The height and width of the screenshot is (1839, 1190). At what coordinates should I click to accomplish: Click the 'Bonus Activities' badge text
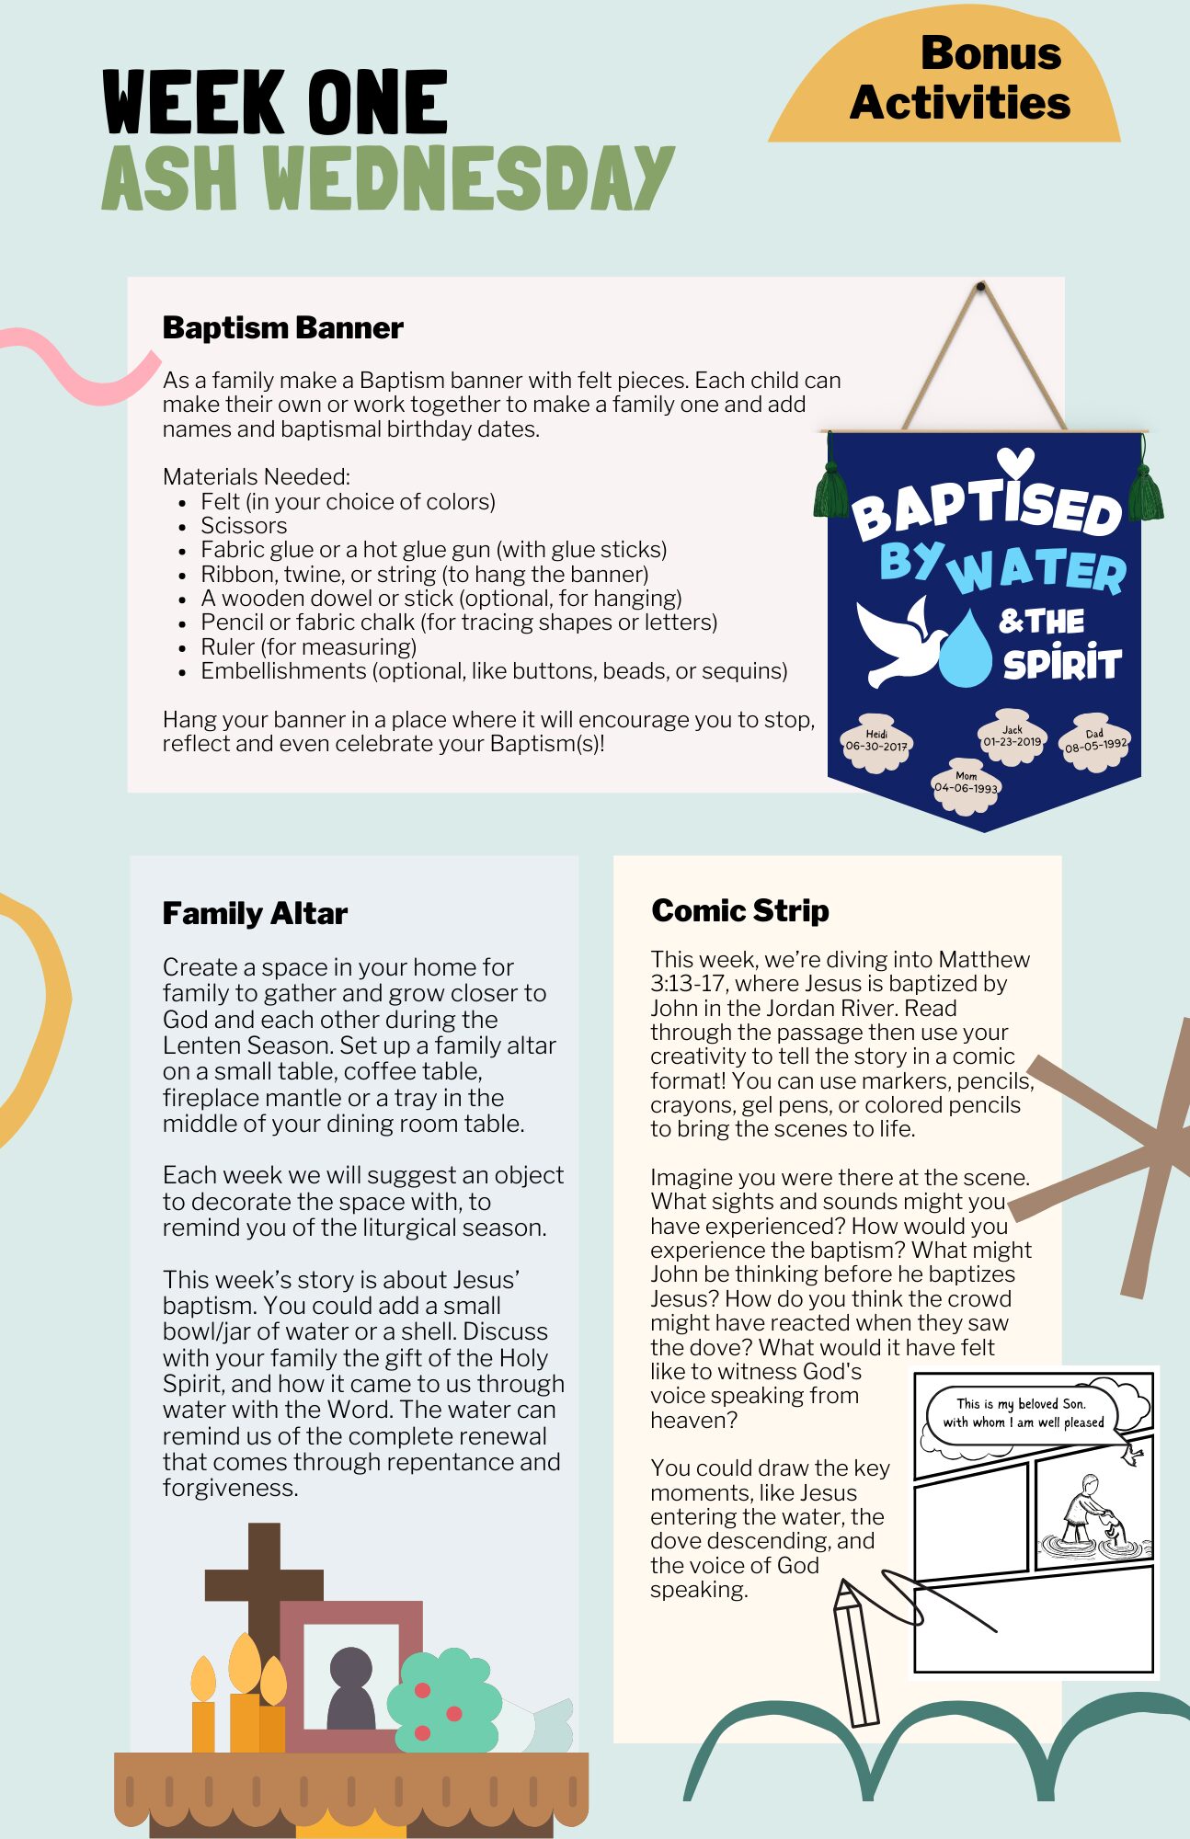961,78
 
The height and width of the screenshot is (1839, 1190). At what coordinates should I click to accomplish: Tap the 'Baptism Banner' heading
282,327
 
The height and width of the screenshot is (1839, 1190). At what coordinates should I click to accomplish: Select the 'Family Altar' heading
255,913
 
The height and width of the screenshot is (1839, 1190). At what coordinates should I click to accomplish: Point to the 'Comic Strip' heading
740,910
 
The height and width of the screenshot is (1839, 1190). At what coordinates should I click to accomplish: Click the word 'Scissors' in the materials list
244,525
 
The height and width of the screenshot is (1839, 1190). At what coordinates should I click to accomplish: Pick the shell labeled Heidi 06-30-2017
875,741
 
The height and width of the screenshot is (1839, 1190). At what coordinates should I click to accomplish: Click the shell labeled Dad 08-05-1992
1094,741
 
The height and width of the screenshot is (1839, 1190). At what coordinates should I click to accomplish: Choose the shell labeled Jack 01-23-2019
1012,737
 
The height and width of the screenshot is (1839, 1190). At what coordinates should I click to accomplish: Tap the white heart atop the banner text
1015,461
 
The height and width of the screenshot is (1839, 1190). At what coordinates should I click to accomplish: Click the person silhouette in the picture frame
350,1687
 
